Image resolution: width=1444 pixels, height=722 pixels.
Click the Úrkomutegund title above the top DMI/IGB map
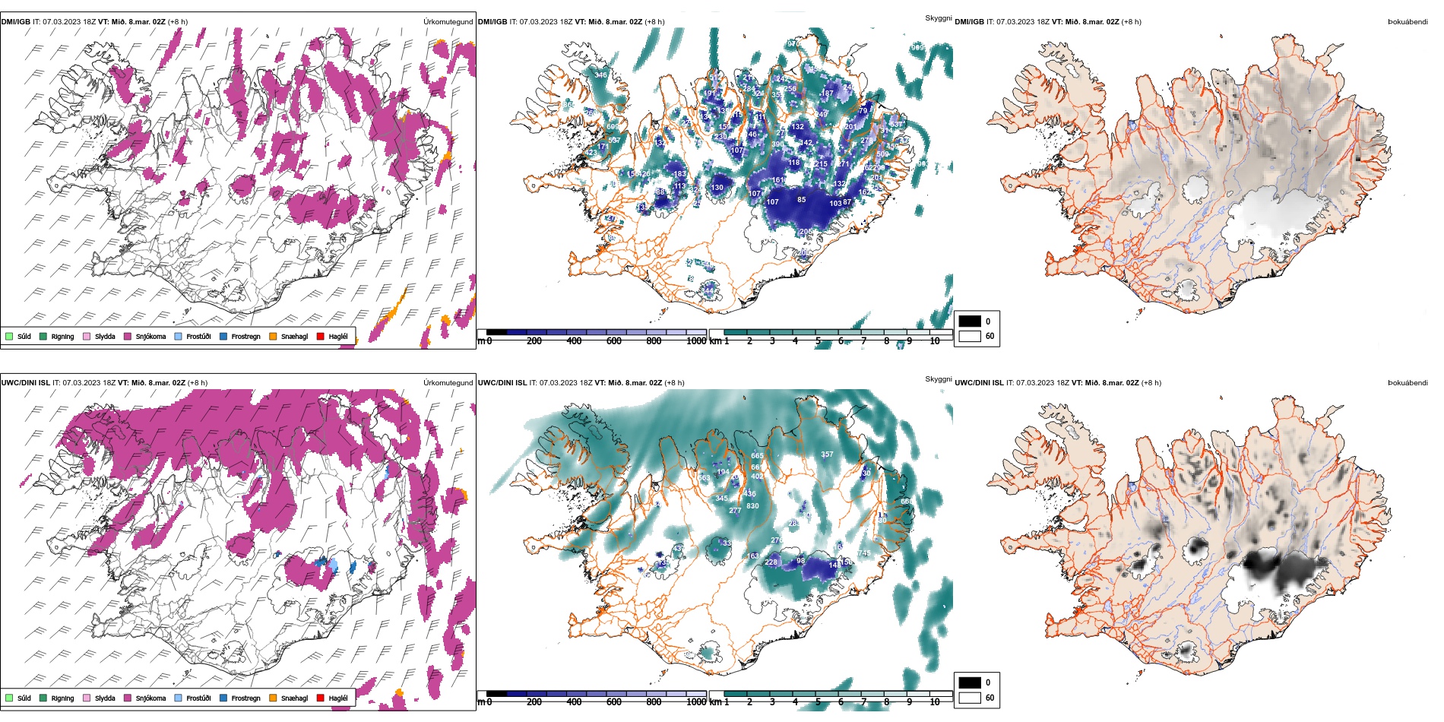(448, 22)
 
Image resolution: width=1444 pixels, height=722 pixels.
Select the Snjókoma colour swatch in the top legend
(128, 336)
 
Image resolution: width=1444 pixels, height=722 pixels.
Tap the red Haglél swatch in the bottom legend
(320, 698)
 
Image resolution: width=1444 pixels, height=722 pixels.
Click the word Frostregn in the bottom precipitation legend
(245, 698)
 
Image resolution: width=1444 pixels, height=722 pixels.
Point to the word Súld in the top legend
(24, 336)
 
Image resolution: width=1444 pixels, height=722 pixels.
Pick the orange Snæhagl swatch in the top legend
(273, 336)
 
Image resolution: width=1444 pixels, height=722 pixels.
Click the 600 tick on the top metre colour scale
(614, 341)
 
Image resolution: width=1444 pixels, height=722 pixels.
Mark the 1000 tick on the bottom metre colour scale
(696, 702)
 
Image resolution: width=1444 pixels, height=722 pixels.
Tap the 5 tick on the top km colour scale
(819, 341)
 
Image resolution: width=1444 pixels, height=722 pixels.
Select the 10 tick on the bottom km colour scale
(935, 702)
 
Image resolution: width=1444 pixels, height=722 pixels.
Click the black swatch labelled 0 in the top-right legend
(970, 321)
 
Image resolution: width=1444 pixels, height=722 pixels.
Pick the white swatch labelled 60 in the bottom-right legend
(970, 698)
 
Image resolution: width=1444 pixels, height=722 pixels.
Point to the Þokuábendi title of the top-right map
(1408, 22)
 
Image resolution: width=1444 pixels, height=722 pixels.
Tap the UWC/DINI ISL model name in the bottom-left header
(25, 383)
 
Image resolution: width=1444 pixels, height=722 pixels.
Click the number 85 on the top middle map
(802, 200)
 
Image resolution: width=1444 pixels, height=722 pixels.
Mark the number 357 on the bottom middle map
(827, 454)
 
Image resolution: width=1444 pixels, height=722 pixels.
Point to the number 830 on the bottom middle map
(752, 506)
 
